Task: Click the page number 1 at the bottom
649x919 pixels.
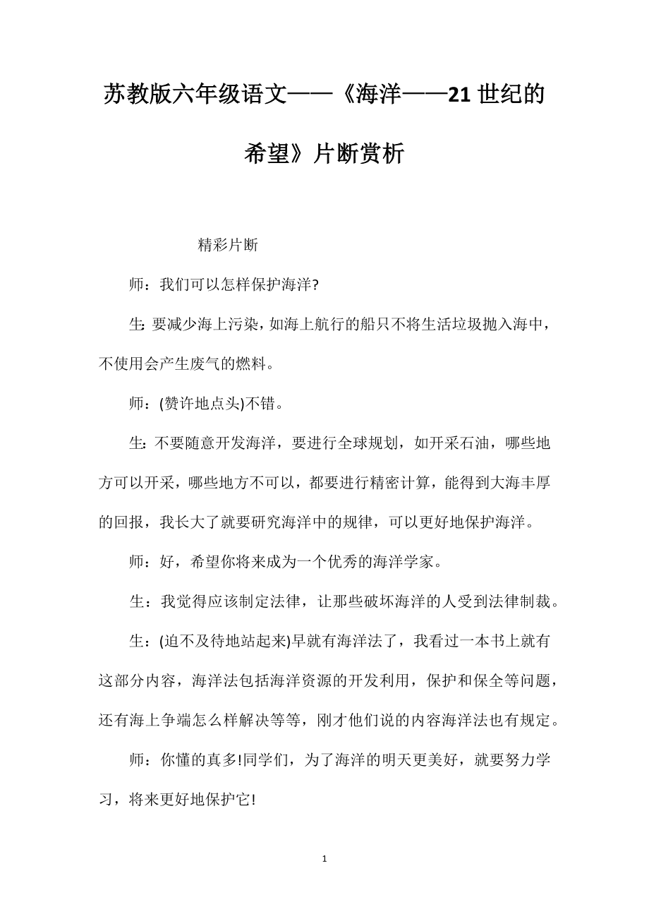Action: click(x=324, y=859)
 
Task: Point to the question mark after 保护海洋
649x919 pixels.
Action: click(x=315, y=285)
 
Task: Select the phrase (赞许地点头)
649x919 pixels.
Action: click(x=201, y=404)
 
